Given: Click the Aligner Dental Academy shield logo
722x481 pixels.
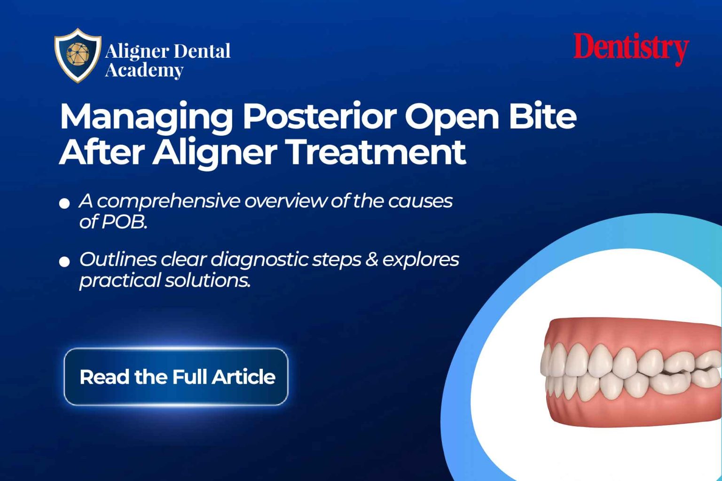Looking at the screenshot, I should click(78, 55).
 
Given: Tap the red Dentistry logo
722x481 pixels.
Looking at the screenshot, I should click(631, 48).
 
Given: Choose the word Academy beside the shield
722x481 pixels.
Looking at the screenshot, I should click(144, 70).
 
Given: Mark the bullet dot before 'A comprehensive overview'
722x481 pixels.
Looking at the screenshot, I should click(64, 203).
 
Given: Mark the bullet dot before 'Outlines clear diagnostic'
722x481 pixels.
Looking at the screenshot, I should click(64, 262).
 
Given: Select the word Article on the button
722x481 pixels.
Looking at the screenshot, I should click(243, 377).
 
